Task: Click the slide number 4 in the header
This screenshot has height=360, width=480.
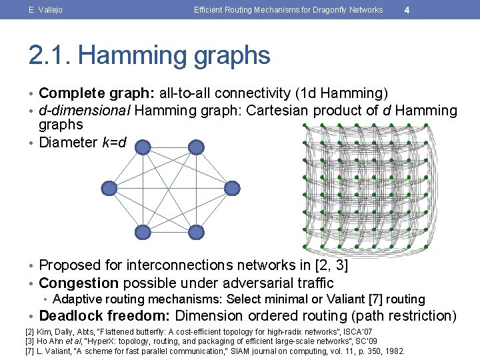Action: [x=407, y=10]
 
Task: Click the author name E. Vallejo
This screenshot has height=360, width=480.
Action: [x=45, y=10]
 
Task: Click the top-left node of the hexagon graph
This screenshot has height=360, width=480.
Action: [x=143, y=147]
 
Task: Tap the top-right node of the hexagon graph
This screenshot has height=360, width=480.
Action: [x=195, y=147]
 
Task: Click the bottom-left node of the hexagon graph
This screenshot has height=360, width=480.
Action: [x=143, y=231]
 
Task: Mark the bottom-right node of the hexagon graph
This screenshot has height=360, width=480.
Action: [x=195, y=231]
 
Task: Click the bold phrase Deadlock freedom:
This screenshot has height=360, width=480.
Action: [x=105, y=315]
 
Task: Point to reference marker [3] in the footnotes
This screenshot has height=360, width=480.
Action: [x=29, y=341]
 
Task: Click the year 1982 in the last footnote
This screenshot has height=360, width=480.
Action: [x=393, y=351]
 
